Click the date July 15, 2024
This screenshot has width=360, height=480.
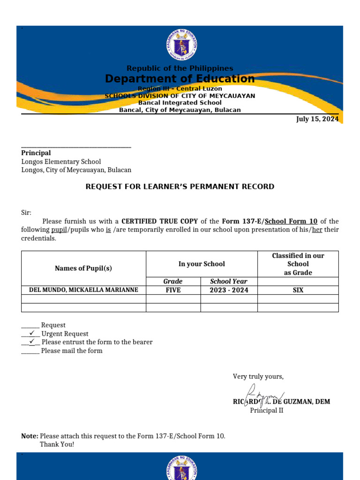(317, 119)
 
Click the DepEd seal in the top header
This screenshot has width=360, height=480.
(181, 46)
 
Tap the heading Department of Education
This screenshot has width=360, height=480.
(180, 79)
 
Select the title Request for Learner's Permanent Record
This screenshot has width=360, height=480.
(180, 187)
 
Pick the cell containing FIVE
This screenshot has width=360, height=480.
(173, 290)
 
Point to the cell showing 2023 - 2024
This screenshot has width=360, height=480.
(229, 290)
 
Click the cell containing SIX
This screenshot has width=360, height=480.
(298, 290)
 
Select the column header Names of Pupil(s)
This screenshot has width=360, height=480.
(83, 268)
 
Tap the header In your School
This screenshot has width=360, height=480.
(202, 264)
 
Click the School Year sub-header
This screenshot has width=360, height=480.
(229, 281)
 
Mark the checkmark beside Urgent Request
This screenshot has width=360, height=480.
(32, 333)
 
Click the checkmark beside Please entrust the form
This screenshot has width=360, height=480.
(32, 342)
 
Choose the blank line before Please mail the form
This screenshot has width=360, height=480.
(30, 351)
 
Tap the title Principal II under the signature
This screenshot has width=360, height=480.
(266, 411)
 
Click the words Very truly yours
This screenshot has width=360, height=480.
(258, 376)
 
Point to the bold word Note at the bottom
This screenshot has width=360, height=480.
(30, 436)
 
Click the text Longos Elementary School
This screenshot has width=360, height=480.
(61, 162)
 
